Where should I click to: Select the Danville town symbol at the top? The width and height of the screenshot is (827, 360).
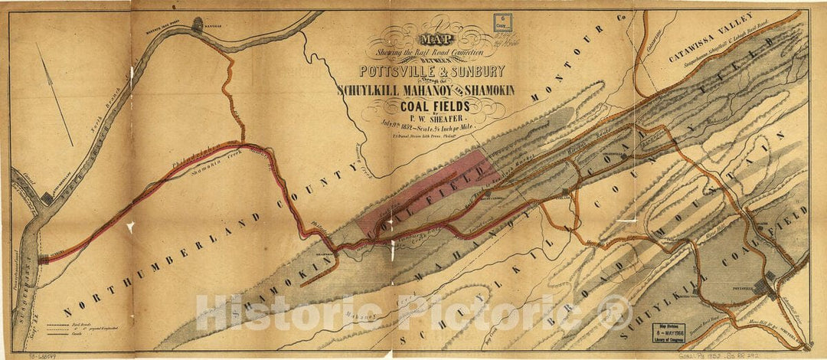tap(197, 25)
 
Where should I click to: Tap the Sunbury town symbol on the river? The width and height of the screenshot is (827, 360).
tap(44, 259)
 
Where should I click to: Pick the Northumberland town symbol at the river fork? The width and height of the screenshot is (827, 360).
tap(47, 198)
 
